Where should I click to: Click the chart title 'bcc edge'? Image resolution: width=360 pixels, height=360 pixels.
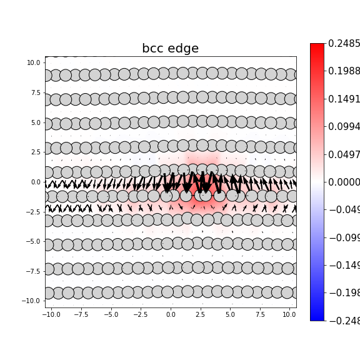tap(170, 49)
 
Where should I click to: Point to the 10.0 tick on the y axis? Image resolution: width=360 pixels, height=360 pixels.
tap(34, 62)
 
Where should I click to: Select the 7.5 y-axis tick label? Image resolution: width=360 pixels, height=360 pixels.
tap(36, 92)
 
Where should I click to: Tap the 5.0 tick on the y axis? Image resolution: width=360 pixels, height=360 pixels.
tap(36, 122)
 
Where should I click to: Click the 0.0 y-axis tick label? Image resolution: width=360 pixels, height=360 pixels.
tap(36, 182)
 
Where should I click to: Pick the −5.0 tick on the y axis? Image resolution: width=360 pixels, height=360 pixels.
tap(34, 241)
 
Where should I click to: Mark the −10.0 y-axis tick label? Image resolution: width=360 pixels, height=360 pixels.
tap(32, 301)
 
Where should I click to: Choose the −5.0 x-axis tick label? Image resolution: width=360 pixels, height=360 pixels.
tap(111, 314)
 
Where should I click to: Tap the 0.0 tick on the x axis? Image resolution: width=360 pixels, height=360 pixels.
tap(171, 314)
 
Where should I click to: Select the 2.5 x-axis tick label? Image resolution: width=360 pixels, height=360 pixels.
tap(200, 314)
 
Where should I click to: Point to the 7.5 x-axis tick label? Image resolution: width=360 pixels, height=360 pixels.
tap(259, 314)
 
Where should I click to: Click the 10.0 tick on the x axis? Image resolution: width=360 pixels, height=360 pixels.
tap(289, 314)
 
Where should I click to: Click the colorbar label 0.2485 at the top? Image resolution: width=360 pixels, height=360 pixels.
tap(344, 44)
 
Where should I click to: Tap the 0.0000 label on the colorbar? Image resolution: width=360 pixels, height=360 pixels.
tap(344, 182)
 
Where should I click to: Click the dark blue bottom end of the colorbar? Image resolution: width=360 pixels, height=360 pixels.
tap(317, 317)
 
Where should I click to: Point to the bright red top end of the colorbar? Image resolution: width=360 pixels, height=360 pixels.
tap(317, 47)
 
